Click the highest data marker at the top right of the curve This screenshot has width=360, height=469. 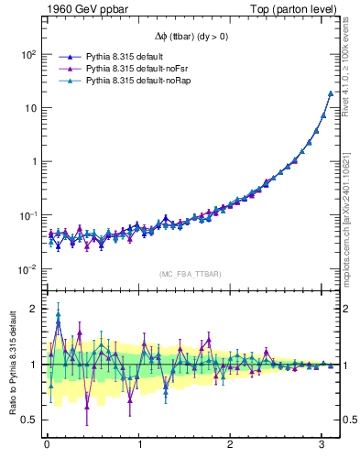click(330, 93)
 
